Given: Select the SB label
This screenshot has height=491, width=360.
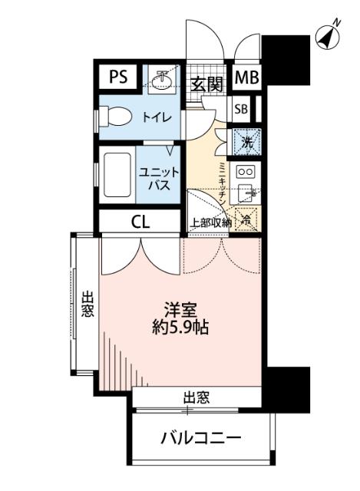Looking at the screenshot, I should pos(241,109).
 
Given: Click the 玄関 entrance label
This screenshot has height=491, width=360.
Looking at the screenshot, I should pos(206,84).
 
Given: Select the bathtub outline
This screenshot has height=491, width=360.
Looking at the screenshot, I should pos(117,176).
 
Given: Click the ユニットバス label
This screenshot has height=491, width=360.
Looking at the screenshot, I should pos(160,179).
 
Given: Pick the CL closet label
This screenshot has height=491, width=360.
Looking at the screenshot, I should pos(140,222).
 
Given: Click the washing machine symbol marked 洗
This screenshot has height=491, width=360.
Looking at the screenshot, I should pos(247,141).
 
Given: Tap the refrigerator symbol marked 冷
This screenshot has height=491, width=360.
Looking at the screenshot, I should pos(247,218).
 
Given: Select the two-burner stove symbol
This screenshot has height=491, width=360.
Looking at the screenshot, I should pos(246,171).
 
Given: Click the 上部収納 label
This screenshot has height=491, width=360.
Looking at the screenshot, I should pos(210,224).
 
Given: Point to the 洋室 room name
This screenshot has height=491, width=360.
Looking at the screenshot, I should pos(181,311).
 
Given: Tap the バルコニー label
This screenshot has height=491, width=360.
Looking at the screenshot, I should pos(201,440).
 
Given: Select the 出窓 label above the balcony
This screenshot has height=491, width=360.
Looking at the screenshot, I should pos(197,397).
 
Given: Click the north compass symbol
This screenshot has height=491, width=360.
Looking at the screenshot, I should pos(328,37).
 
